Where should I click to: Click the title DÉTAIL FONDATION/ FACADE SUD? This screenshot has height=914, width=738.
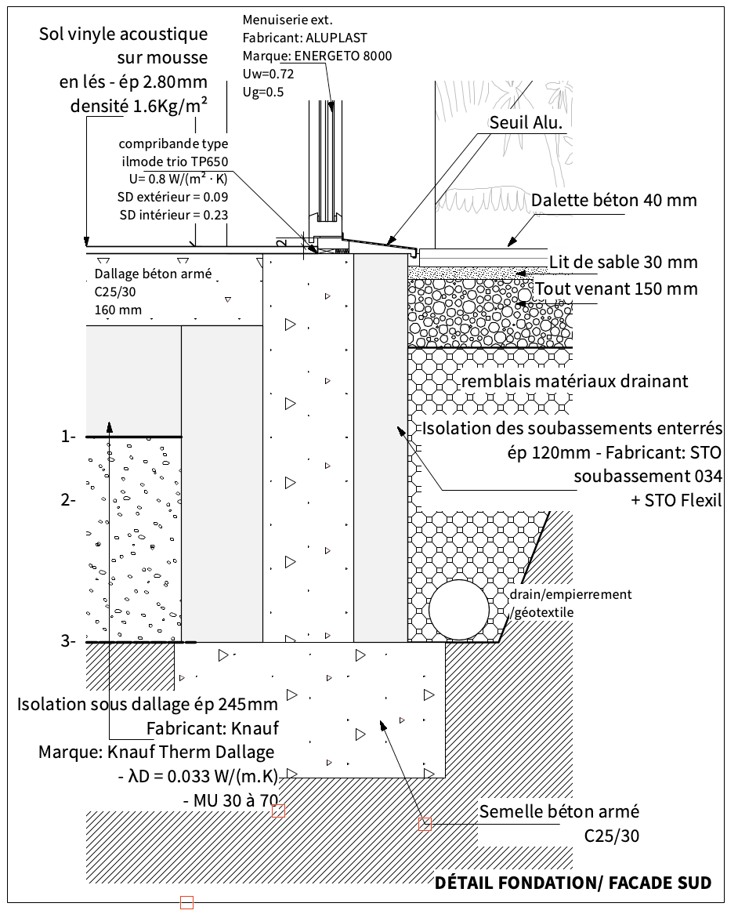573,883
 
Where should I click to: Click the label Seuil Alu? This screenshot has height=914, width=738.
526,123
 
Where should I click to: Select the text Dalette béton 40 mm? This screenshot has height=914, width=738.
613,201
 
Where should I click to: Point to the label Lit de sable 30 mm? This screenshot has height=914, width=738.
623,262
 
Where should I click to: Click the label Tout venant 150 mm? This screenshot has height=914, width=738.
615,288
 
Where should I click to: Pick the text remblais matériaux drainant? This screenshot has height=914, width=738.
575,382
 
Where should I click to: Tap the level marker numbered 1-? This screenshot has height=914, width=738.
68,437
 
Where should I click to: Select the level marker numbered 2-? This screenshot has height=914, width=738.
68,499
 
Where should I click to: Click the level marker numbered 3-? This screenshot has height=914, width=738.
68,642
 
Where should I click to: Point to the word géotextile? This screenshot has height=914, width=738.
544,611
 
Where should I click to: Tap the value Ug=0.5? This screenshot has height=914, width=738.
263,92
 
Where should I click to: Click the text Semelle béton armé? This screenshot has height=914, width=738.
559,811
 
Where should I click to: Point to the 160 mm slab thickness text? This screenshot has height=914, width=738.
118,310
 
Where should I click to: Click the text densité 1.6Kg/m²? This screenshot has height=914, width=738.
139,106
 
